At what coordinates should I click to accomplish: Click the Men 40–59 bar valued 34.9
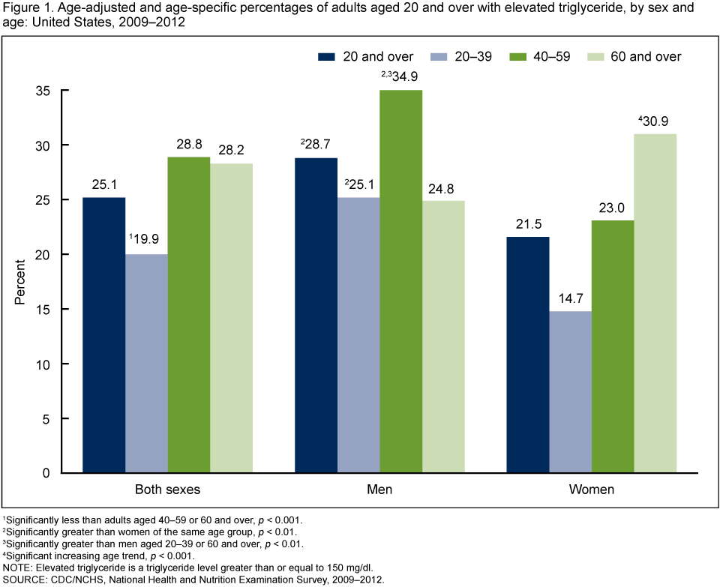point(401,281)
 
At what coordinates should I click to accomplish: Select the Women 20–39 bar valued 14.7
point(570,391)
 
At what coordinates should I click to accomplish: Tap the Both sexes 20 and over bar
point(103,335)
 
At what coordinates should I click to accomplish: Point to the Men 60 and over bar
point(443,337)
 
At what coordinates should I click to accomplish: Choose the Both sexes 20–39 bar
point(146,364)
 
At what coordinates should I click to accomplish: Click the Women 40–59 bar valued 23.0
point(613,346)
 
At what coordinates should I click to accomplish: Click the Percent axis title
point(20,281)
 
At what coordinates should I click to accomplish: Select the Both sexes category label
point(167,490)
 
